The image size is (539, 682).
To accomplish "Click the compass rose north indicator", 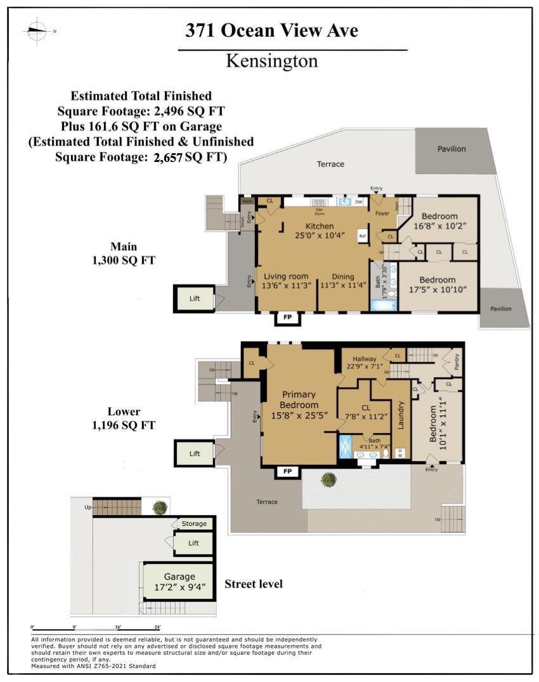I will click(37, 30).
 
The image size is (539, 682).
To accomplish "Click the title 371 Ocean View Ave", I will click(271, 30).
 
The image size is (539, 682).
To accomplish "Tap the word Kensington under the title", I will click(272, 61).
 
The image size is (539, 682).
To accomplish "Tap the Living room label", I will click(286, 280).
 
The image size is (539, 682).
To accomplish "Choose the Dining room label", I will click(342, 280).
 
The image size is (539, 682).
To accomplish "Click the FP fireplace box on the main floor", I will click(287, 318).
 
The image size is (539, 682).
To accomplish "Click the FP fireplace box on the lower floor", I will click(287, 471).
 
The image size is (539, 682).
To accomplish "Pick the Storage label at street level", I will click(194, 523).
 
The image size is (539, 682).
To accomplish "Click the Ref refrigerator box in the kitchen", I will click(363, 235).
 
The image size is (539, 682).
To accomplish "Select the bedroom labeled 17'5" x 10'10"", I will click(437, 284).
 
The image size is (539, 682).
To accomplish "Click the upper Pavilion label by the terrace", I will click(451, 149).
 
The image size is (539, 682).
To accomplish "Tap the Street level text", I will click(254, 584).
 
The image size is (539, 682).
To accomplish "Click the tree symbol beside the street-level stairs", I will click(160, 507).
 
